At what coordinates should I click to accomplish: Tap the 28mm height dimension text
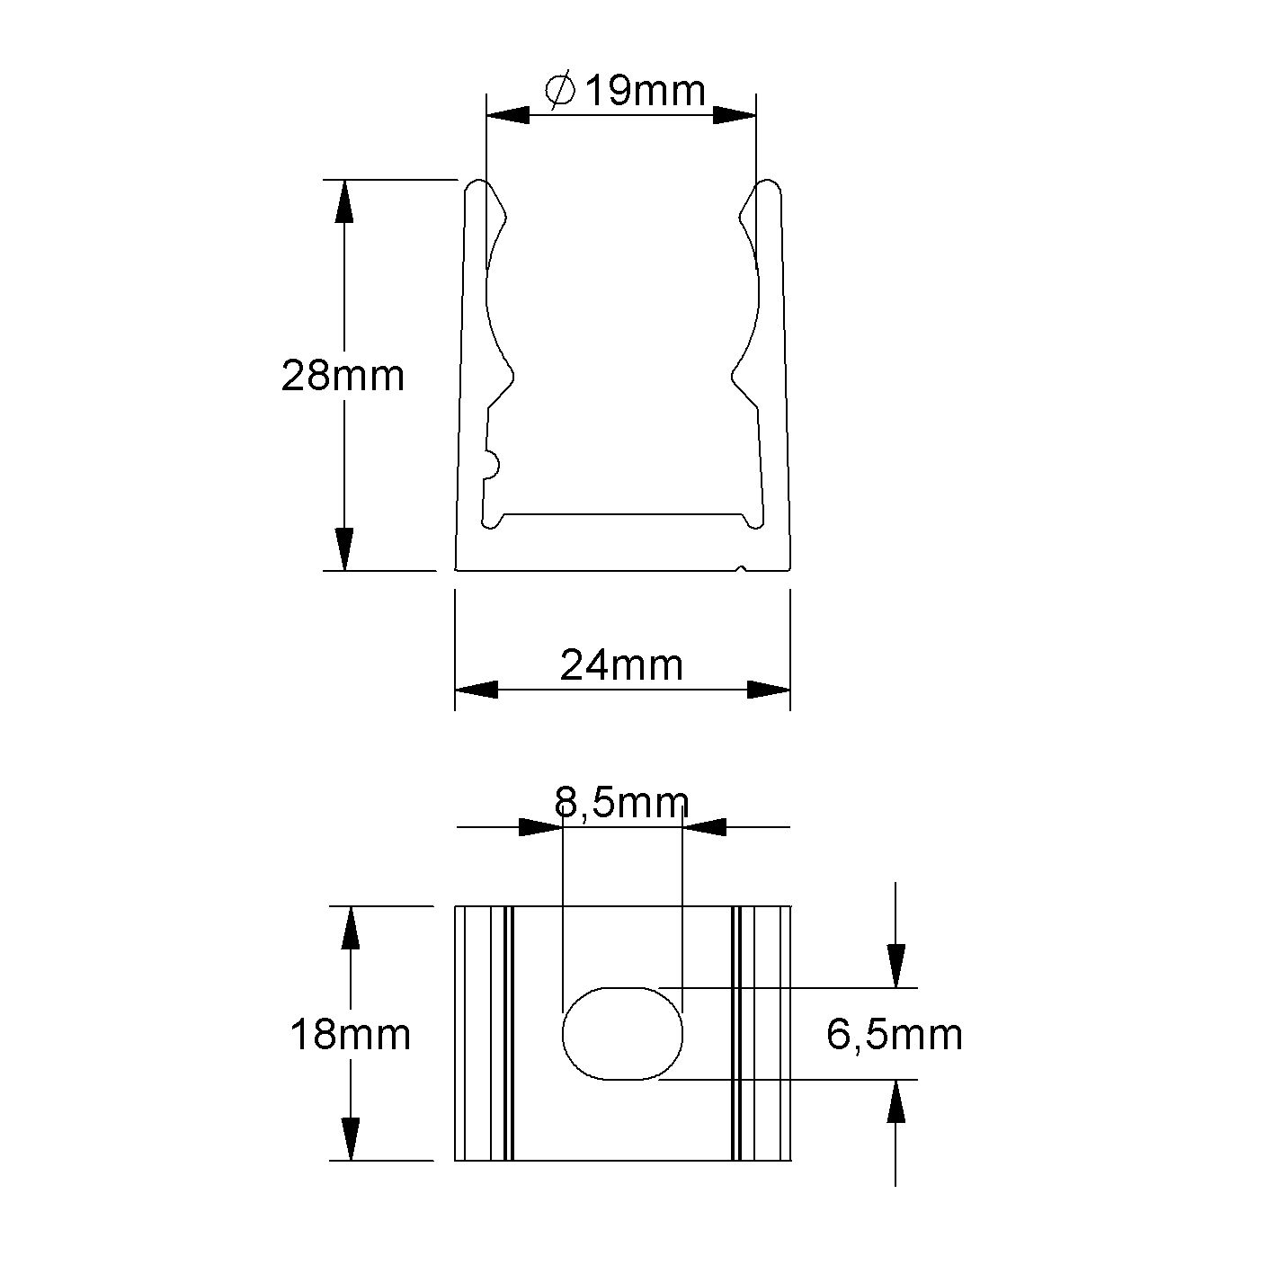click(343, 375)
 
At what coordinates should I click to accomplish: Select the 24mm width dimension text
click(621, 665)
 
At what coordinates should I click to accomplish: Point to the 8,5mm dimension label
click(621, 802)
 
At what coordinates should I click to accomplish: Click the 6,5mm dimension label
click(894, 1035)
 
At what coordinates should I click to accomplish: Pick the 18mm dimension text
click(350, 1035)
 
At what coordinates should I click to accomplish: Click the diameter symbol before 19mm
click(559, 90)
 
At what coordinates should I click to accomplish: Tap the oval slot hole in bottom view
click(622, 1033)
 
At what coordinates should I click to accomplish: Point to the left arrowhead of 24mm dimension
click(477, 690)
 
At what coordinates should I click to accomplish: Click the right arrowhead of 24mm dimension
click(769, 690)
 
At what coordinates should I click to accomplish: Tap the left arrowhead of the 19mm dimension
click(507, 115)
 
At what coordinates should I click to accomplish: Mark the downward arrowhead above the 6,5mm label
click(895, 967)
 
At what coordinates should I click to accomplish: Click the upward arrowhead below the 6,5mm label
click(895, 1101)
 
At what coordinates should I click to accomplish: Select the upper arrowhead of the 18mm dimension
click(350, 928)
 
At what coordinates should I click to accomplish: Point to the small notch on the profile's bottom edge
click(740, 568)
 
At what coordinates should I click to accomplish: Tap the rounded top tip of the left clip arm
click(478, 187)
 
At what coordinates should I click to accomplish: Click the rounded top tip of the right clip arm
click(767, 187)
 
